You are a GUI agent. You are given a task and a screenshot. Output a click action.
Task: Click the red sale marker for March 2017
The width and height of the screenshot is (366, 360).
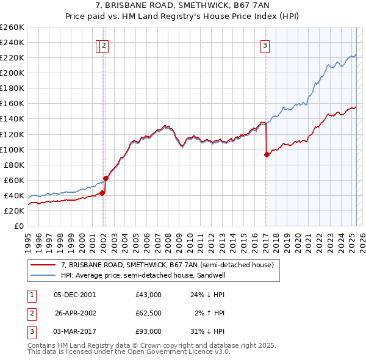(267, 154)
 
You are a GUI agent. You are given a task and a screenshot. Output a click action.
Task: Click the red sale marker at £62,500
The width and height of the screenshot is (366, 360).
(106, 178)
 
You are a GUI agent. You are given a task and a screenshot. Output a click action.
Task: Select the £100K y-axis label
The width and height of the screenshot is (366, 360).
(12, 149)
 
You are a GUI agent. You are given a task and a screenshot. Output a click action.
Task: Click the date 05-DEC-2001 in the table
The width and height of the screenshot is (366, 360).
(75, 295)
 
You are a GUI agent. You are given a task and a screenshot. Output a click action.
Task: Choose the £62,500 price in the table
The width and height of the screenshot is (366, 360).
(149, 313)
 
